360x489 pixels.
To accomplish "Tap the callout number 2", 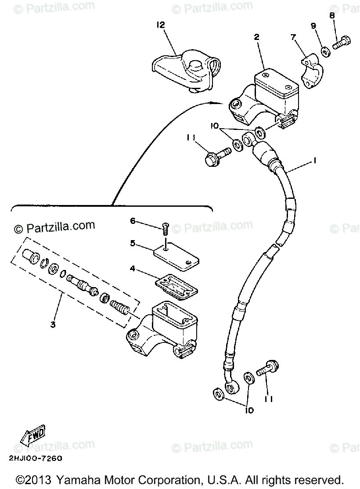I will (256, 37).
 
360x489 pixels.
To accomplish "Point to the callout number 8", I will (332, 15).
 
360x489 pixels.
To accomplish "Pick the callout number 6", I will (133, 221).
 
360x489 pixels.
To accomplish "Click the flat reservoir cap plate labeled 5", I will (175, 257).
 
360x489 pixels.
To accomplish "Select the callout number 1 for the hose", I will (314, 161).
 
